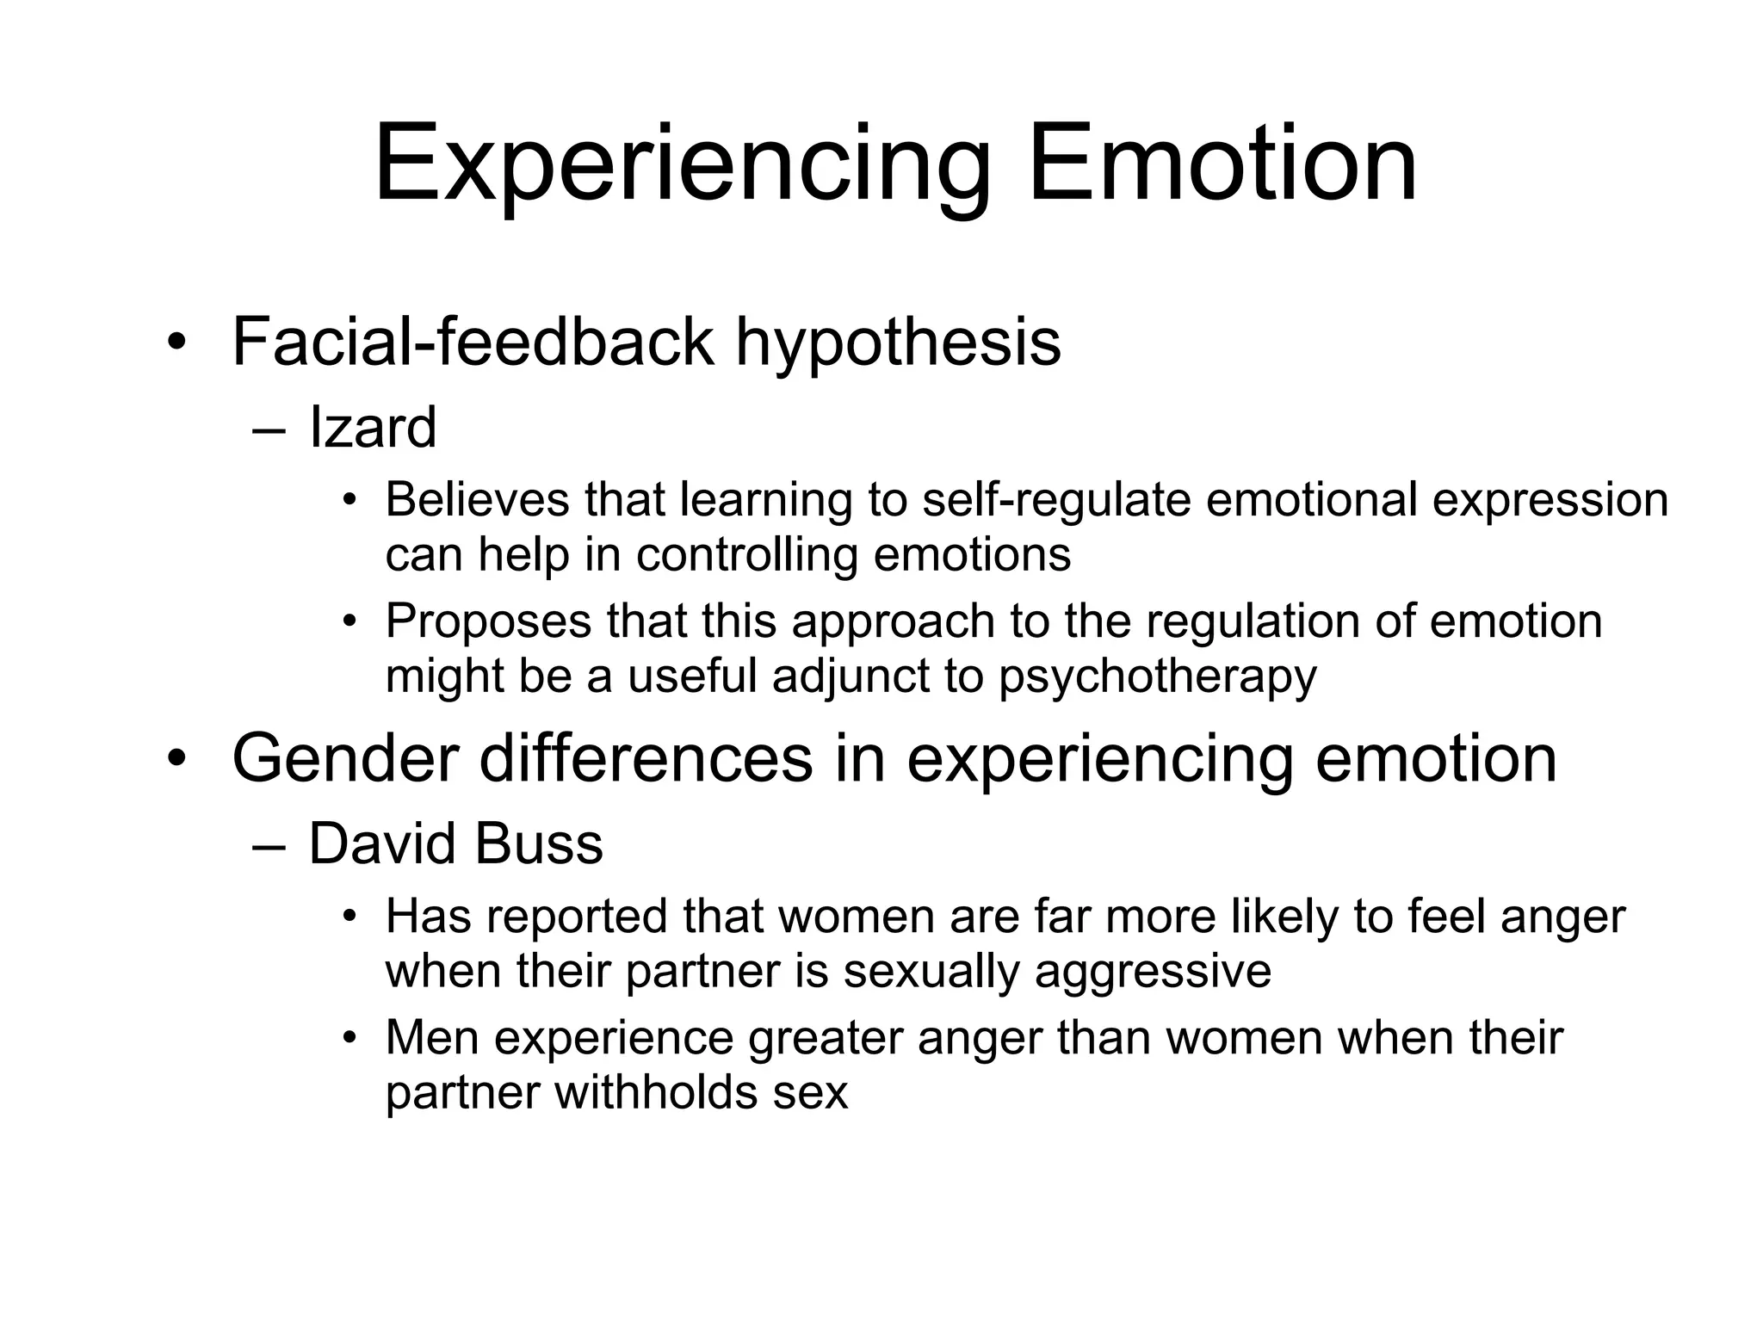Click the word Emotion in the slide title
coord(1222,164)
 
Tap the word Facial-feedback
coord(473,343)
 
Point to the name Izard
coord(373,428)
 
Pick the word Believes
coord(477,499)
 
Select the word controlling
coord(747,554)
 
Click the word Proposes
coord(488,621)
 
